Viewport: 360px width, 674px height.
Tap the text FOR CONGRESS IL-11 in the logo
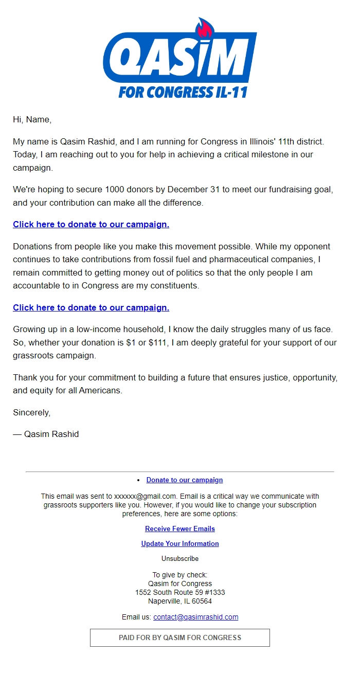click(x=183, y=92)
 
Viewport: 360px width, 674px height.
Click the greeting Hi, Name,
click(x=32, y=120)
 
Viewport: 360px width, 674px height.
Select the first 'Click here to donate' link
click(x=91, y=225)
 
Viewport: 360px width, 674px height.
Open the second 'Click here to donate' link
click(x=91, y=308)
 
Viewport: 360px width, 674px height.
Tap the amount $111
click(x=160, y=342)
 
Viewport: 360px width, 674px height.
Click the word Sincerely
click(x=31, y=412)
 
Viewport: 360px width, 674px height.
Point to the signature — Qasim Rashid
click(x=46, y=434)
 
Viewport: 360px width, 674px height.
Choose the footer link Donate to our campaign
click(x=185, y=480)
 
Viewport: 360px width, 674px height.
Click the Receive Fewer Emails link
click(x=180, y=529)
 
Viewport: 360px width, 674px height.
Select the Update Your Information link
click(x=180, y=544)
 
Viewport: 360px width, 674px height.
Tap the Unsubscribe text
click(x=180, y=559)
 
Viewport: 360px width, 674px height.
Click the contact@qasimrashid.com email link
click(x=195, y=617)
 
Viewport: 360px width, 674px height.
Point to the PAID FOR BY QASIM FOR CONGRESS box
click(x=180, y=638)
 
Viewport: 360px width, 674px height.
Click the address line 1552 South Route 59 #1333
click(x=180, y=592)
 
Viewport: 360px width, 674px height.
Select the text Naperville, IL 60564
click(x=180, y=601)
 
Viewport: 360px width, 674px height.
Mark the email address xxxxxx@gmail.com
click(x=145, y=497)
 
